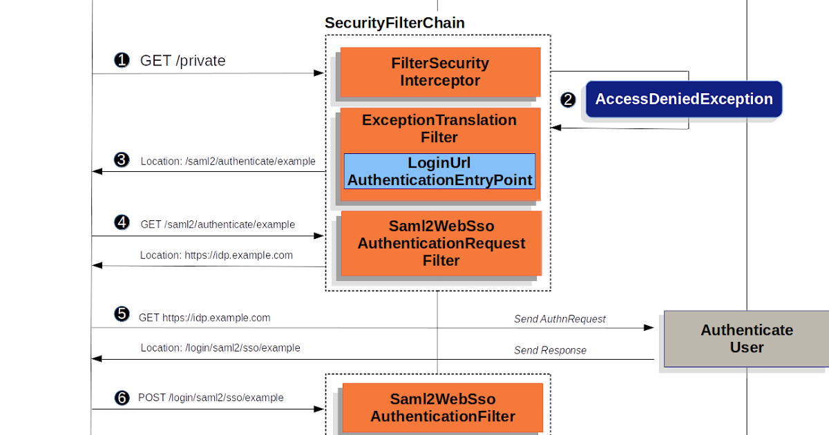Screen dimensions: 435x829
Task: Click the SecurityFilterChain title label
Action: pyautogui.click(x=394, y=23)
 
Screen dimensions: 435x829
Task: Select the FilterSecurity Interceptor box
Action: pyautogui.click(x=440, y=72)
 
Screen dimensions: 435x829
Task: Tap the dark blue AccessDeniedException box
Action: pyautogui.click(x=684, y=99)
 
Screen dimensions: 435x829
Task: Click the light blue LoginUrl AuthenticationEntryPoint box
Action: pyautogui.click(x=440, y=172)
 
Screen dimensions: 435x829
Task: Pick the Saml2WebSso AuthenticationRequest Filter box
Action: pyautogui.click(x=441, y=243)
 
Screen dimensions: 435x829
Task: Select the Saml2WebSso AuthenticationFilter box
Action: pyautogui.click(x=442, y=407)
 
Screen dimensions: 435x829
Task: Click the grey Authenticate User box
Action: pyautogui.click(x=746, y=338)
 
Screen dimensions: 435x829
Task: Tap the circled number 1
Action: pyautogui.click(x=122, y=61)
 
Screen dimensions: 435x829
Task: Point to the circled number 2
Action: pyautogui.click(x=568, y=100)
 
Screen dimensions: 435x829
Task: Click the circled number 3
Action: pyautogui.click(x=122, y=160)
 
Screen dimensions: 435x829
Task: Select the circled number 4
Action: pyautogui.click(x=122, y=222)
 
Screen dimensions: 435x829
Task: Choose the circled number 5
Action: pyautogui.click(x=122, y=314)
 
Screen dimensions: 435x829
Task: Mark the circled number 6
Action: pyautogui.click(x=122, y=398)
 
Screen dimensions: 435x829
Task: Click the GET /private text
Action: pyautogui.click(x=183, y=61)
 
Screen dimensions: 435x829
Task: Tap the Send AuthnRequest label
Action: pyautogui.click(x=560, y=319)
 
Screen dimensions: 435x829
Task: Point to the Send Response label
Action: pyautogui.click(x=550, y=351)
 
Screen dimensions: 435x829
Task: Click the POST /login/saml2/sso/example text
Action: pyautogui.click(x=211, y=398)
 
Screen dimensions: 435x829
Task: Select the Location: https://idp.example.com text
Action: pyautogui.click(x=216, y=255)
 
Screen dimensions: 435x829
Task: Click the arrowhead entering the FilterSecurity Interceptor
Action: pyautogui.click(x=319, y=73)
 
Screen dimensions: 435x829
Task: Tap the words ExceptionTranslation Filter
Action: pyautogui.click(x=439, y=128)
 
